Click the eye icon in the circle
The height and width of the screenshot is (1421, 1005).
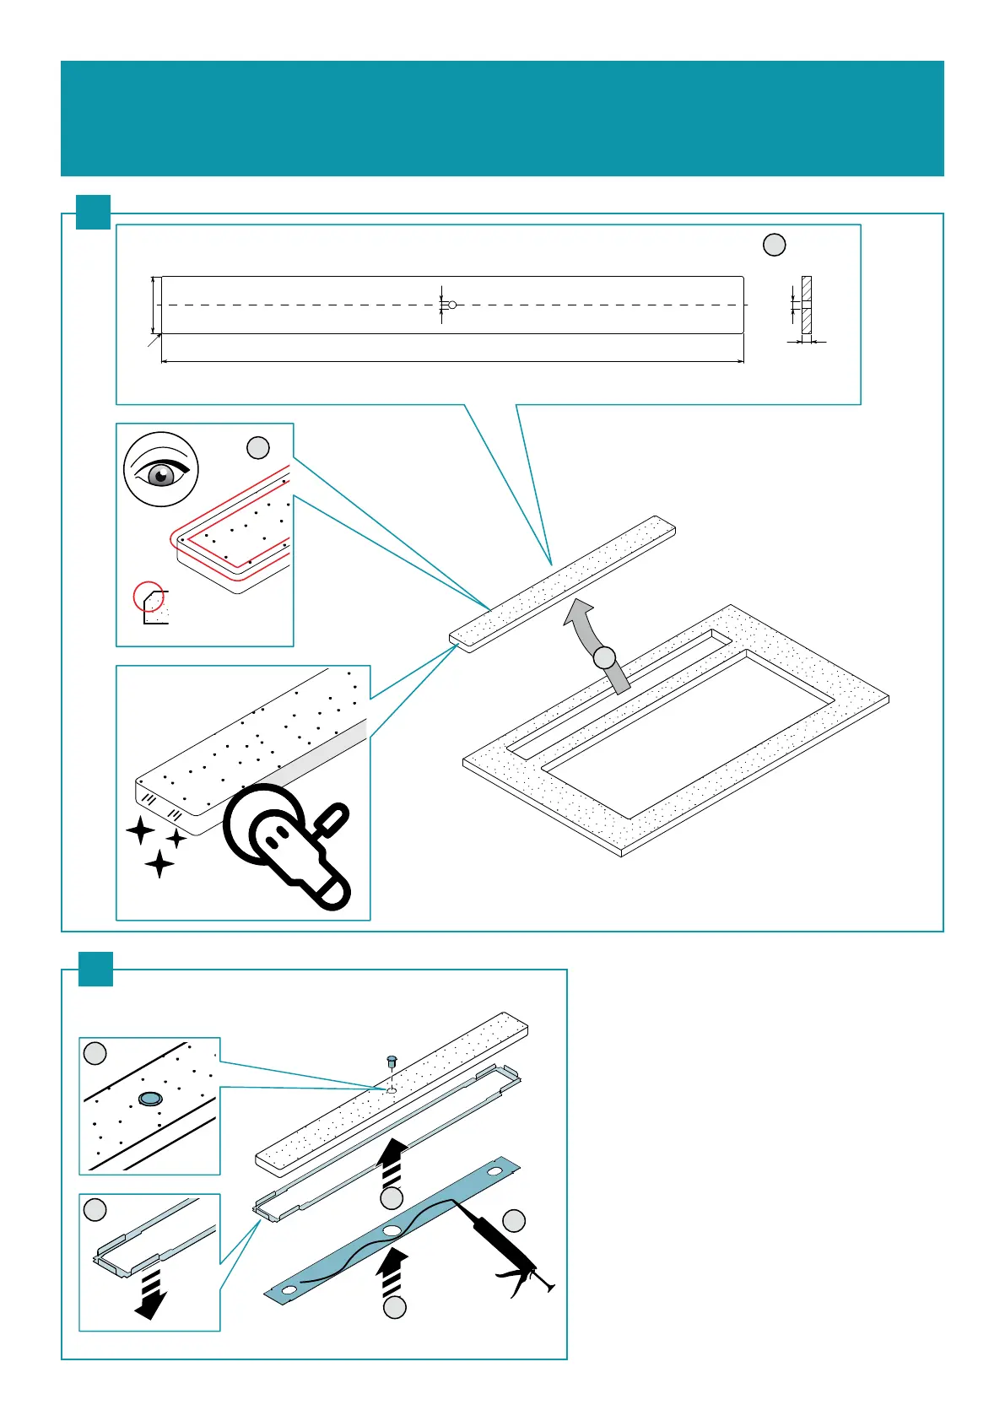[x=161, y=470]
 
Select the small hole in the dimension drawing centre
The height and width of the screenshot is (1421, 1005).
[x=452, y=305]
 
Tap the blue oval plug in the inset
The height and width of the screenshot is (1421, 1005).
[x=150, y=1098]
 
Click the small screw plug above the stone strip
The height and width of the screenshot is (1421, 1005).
[x=391, y=1061]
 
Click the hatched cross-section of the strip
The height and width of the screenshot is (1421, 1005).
[x=806, y=307]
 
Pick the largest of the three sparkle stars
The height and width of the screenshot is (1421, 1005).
[x=159, y=863]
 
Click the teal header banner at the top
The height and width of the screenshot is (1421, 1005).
[x=502, y=118]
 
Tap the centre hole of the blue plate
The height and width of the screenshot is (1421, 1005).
[x=392, y=1231]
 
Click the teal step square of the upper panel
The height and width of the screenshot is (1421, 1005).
[x=93, y=212]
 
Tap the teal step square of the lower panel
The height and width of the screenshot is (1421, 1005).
[x=95, y=969]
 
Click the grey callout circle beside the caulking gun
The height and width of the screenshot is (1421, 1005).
[x=514, y=1220]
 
